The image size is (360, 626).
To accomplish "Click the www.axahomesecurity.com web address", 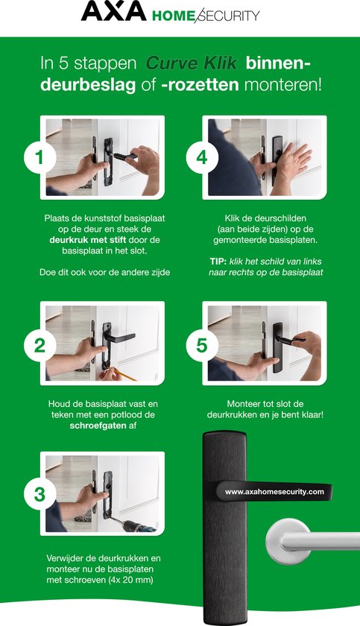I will pyautogui.click(x=274, y=492).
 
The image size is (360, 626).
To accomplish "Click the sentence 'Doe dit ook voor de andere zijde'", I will pyautogui.click(x=104, y=273).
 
